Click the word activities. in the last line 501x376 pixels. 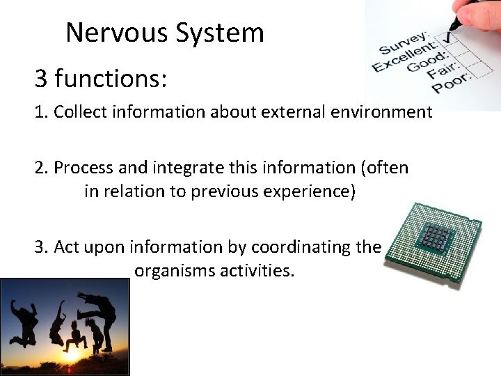pos(257,270)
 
